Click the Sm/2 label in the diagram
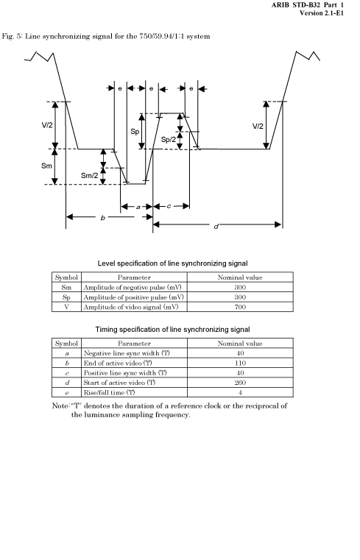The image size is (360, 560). (89, 175)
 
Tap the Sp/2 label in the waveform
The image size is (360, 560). (168, 139)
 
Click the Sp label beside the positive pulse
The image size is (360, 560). (135, 132)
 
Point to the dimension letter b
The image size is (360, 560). (103, 217)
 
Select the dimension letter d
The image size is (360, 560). (216, 227)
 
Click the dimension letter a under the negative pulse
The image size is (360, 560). (138, 207)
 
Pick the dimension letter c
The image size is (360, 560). (169, 206)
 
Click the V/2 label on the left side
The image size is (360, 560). (47, 125)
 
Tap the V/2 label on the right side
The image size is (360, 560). (258, 126)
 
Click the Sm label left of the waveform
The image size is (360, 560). (47, 166)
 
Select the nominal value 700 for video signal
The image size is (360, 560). (240, 307)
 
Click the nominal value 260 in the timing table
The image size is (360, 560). (240, 383)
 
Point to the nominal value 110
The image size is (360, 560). (240, 363)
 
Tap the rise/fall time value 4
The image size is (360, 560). (240, 392)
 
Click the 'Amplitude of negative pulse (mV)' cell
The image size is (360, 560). (133, 287)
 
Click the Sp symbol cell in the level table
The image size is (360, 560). (66, 297)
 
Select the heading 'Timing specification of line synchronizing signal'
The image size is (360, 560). (172, 329)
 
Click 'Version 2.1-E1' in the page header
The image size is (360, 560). (322, 13)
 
